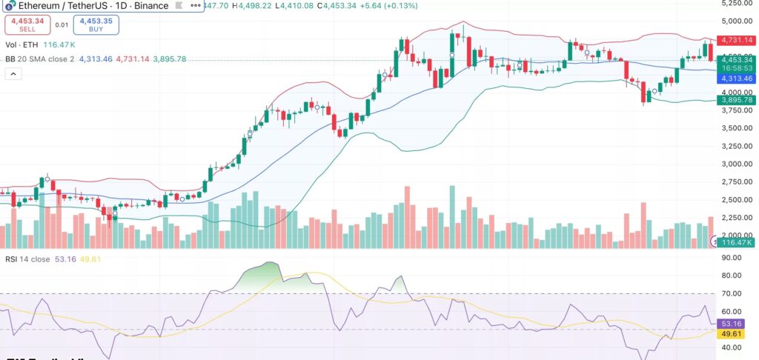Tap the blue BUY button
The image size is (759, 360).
(96, 25)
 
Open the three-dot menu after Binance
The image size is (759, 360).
(196, 5)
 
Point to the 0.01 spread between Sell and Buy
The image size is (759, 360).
(62, 25)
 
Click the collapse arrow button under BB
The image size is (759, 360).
(13, 73)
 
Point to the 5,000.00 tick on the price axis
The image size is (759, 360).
(735, 21)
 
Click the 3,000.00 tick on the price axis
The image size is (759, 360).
(735, 164)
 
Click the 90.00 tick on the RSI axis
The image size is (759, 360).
(733, 258)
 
